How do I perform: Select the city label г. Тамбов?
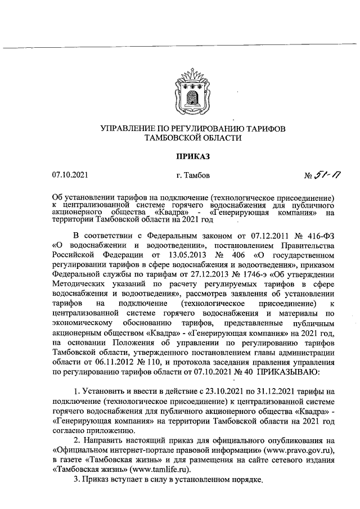click(193, 175)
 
